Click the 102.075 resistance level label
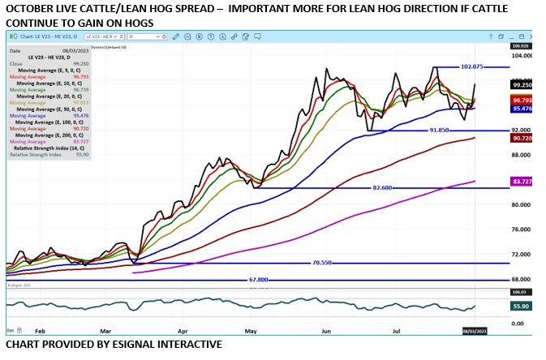click(471, 66)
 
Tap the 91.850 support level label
click(436, 131)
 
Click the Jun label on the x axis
click(326, 331)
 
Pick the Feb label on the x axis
click(41, 331)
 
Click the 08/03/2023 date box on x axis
click(474, 331)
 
